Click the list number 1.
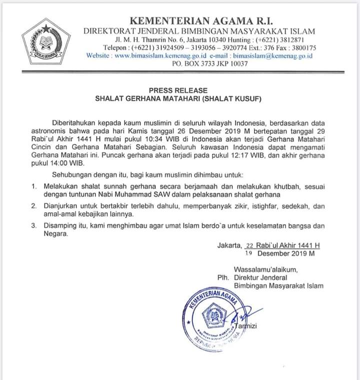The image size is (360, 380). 34,186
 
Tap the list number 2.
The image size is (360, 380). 34,206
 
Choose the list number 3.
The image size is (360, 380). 34,226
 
